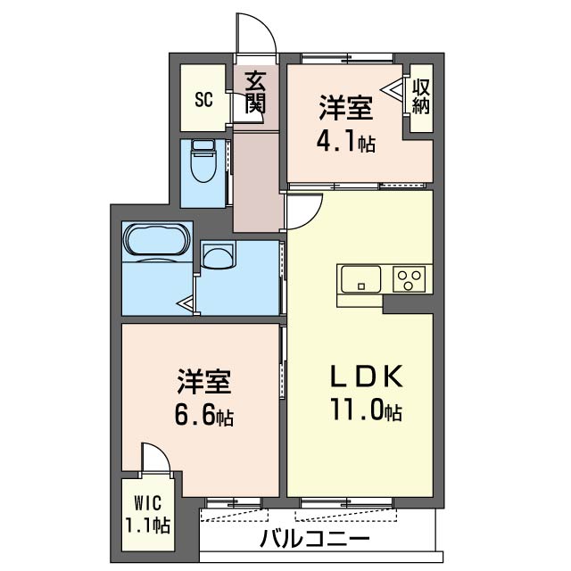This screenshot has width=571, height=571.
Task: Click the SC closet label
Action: point(203,99)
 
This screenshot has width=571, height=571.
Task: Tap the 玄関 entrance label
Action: point(255,92)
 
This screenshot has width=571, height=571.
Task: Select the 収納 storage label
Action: point(421,95)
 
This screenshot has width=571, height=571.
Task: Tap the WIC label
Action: point(147,503)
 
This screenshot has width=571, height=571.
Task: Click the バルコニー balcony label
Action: point(315,538)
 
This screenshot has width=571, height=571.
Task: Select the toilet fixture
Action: point(204,161)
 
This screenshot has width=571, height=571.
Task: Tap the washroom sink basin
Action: point(218,255)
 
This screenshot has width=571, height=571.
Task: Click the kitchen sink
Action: point(360,279)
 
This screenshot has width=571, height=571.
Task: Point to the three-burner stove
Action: point(409,279)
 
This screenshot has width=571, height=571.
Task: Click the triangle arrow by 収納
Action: point(393,89)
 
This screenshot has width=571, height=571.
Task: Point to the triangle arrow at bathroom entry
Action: point(185,303)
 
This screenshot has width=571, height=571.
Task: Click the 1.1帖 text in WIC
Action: point(147,525)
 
